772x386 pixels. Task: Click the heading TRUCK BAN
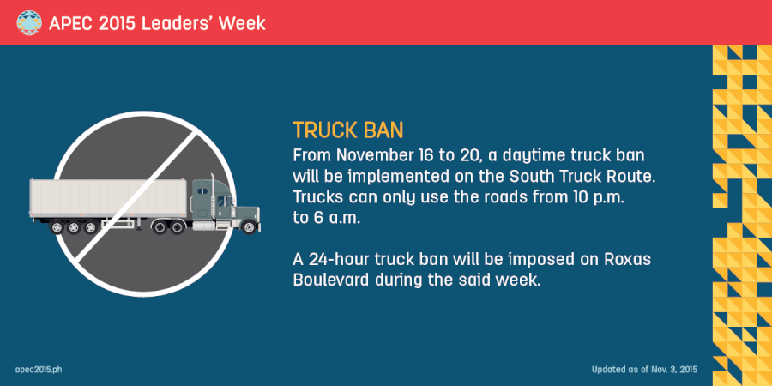tap(347, 130)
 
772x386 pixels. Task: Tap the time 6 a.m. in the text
tap(326, 218)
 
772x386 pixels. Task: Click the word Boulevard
tap(334, 280)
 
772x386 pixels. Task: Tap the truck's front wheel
tap(249, 227)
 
